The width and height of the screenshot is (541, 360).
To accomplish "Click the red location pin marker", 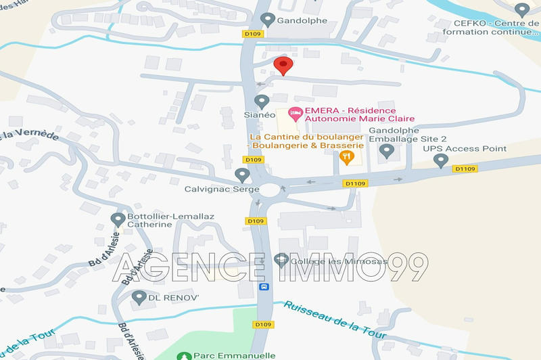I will tap(283, 66).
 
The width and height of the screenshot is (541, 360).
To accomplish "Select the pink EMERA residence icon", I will tap(295, 113).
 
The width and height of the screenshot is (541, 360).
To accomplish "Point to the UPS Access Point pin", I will tap(441, 161).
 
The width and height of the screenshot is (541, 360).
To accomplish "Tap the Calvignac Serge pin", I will tap(242, 175).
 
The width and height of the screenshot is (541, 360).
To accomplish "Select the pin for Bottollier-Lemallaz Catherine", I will tap(117, 218).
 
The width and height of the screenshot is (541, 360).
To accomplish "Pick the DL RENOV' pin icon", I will tap(139, 296).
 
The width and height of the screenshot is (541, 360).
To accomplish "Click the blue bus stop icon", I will tap(263, 286).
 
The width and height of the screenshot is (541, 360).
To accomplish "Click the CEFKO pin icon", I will tap(521, 10).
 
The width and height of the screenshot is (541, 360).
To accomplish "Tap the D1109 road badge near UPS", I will tap(465, 168).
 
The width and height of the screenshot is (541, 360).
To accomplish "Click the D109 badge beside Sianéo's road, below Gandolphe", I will tap(253, 32).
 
